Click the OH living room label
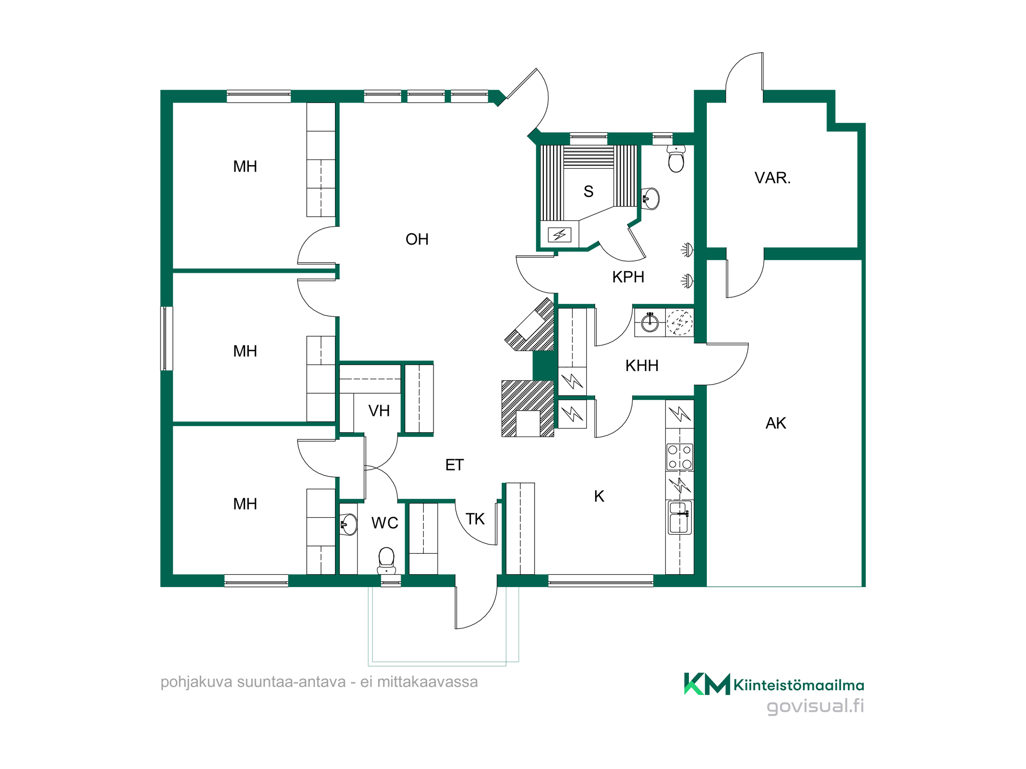[x=417, y=239]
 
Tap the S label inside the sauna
[x=588, y=192]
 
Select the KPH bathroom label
[x=628, y=277]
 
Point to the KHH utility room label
[x=642, y=366]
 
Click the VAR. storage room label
[x=773, y=178]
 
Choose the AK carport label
[x=776, y=423]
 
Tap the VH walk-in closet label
[x=379, y=411]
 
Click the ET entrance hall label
[x=455, y=466]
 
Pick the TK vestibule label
[x=476, y=519]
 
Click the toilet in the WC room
[x=386, y=560]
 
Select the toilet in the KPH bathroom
[x=676, y=158]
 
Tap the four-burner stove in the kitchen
[x=680, y=457]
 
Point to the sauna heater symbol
[x=560, y=235]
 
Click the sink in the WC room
[x=349, y=524]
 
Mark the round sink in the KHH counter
[x=650, y=322]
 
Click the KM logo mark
[x=707, y=684]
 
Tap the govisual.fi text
[x=815, y=706]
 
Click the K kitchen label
[x=599, y=496]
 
